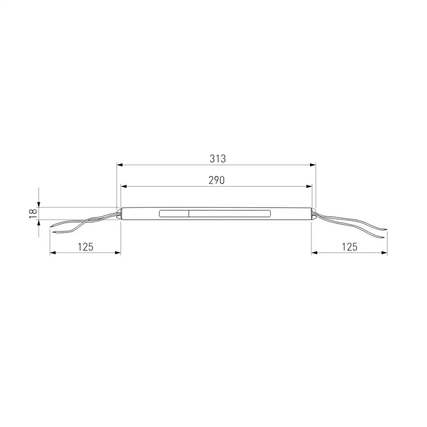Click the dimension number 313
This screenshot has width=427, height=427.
click(218, 158)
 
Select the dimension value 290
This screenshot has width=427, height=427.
click(217, 180)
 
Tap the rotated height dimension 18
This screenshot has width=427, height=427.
click(33, 213)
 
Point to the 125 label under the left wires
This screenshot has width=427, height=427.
click(85, 247)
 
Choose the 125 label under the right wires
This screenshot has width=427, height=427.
click(349, 247)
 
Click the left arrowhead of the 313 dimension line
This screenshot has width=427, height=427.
click(120, 165)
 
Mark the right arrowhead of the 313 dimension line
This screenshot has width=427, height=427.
click(313, 165)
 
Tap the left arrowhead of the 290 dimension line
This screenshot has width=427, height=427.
click(124, 187)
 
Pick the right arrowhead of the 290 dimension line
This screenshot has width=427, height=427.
click(309, 187)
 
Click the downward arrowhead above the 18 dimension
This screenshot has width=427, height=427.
click(39, 205)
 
